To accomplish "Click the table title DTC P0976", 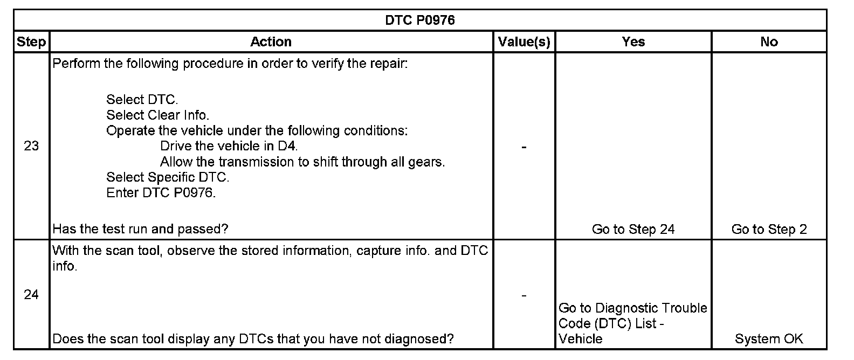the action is [x=419, y=20].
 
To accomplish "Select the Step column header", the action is [x=31, y=42].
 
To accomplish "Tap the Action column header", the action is [x=271, y=42].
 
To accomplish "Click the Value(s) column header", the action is [x=524, y=42].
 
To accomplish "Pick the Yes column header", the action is [x=633, y=42].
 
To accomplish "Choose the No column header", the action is [x=769, y=42].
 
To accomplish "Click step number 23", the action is [x=31, y=146].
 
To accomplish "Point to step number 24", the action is [x=31, y=294].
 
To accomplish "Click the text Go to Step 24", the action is [x=633, y=230].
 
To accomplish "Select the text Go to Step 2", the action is [x=769, y=230].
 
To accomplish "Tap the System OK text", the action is [x=769, y=339].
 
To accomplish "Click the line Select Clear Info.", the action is [x=157, y=115].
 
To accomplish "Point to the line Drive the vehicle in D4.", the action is [x=229, y=146].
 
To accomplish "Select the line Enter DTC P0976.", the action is [x=161, y=193].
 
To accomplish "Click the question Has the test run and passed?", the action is [x=140, y=230].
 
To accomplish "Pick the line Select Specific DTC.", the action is [x=168, y=177].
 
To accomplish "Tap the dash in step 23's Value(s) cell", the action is [x=524, y=147].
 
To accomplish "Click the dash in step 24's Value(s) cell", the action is [x=524, y=295].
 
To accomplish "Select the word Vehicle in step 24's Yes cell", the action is [x=580, y=339].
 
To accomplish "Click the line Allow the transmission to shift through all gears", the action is [x=302, y=162].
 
